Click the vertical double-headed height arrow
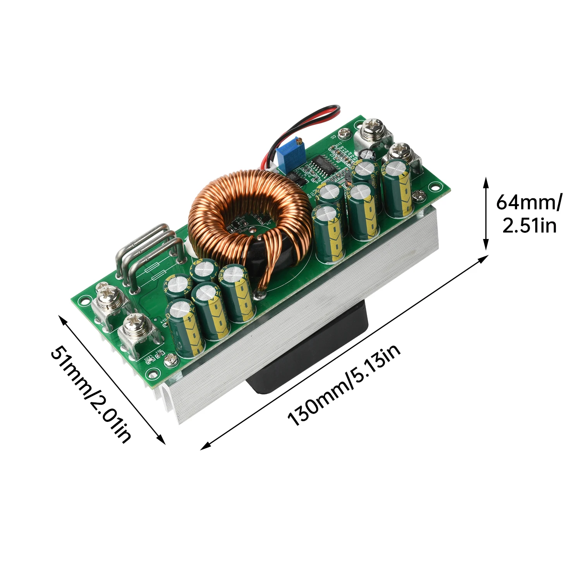pyautogui.click(x=486, y=214)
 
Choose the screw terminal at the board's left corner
pyautogui.click(x=109, y=300)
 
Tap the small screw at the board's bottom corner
pyautogui.click(x=169, y=361)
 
